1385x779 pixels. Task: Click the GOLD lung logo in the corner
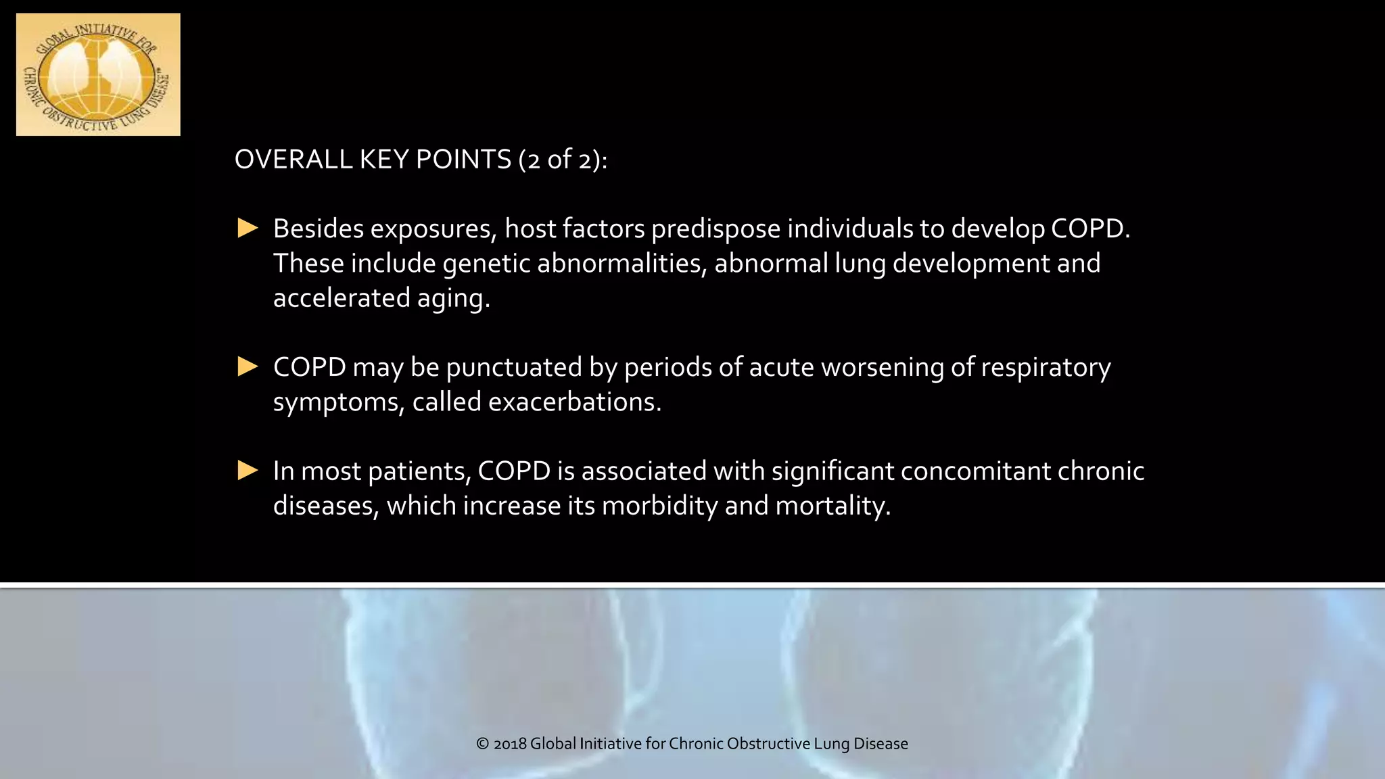tap(98, 74)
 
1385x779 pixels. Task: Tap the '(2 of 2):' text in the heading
tap(563, 160)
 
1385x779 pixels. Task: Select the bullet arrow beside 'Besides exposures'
tap(248, 229)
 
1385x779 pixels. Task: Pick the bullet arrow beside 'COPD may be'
tap(248, 367)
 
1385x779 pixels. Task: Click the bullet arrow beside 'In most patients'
tap(248, 471)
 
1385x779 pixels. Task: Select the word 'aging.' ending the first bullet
tap(453, 299)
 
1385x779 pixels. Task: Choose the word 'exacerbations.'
tap(574, 402)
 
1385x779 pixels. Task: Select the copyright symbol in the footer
tap(482, 744)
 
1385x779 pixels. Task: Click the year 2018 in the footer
tap(510, 744)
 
